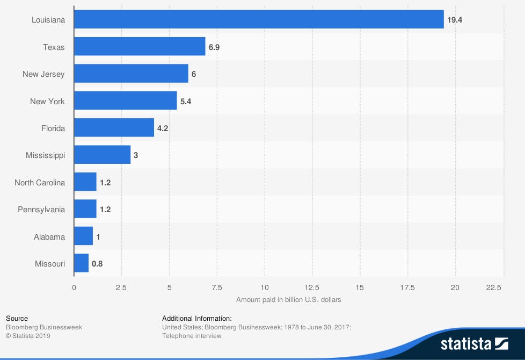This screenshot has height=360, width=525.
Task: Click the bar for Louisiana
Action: click(259, 19)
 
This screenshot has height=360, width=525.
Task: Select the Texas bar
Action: click(140, 47)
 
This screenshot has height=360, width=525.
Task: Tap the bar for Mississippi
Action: click(102, 155)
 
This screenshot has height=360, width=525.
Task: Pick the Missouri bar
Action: click(81, 263)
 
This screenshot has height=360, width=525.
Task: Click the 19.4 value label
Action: click(455, 20)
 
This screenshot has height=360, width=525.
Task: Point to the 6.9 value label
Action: click(214, 47)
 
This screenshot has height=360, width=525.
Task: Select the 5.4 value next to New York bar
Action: click(186, 101)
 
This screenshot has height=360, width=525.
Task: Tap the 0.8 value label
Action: click(97, 264)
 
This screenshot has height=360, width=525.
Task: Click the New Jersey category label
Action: click(43, 74)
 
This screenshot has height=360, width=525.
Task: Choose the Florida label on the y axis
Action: click(53, 128)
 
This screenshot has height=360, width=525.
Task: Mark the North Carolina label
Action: click(40, 183)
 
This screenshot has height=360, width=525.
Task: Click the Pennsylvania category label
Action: click(41, 210)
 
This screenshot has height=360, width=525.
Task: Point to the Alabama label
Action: click(49, 236)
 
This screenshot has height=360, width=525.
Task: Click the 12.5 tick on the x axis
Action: click(312, 287)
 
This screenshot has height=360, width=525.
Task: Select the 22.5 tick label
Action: click(493, 287)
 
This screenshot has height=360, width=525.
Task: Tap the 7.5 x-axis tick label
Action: click(217, 287)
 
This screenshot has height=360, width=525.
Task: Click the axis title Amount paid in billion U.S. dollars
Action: click(288, 299)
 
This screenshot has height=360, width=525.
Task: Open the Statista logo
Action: click(474, 343)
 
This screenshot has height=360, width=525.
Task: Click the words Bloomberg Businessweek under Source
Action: click(44, 327)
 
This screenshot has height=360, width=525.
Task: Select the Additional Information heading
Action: click(197, 318)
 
